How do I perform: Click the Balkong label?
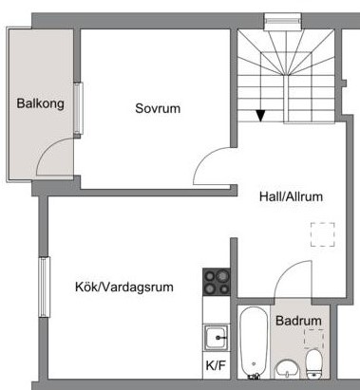[40, 104]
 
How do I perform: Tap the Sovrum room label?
[158, 108]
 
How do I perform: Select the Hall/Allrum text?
[291, 196]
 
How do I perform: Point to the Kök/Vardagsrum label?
[124, 287]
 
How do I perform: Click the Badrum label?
[298, 321]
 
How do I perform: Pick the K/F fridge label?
[216, 365]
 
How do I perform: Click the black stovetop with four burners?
[217, 282]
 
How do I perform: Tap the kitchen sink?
[217, 337]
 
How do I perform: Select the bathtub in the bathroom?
[254, 343]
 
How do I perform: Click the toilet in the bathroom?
[314, 363]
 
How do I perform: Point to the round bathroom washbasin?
[287, 369]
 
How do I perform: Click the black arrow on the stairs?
[260, 116]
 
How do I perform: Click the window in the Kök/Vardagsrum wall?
[45, 287]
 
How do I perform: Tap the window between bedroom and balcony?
[78, 108]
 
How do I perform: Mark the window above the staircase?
[282, 21]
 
